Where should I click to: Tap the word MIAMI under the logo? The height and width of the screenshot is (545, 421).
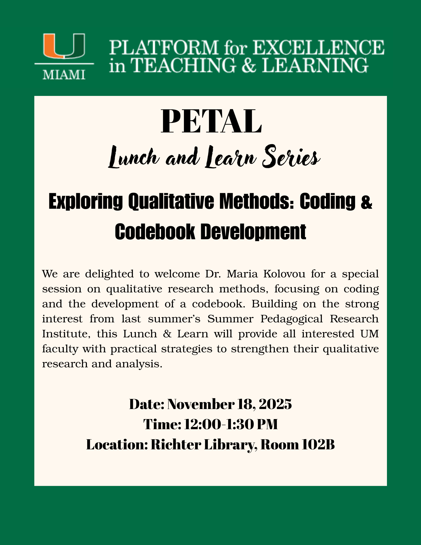tap(64, 74)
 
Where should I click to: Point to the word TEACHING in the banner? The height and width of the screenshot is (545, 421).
tap(182, 65)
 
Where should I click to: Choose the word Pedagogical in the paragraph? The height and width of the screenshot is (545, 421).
tap(292, 319)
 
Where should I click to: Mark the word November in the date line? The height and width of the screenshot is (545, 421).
tap(201, 404)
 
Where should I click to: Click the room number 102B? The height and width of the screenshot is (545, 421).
tap(318, 445)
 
